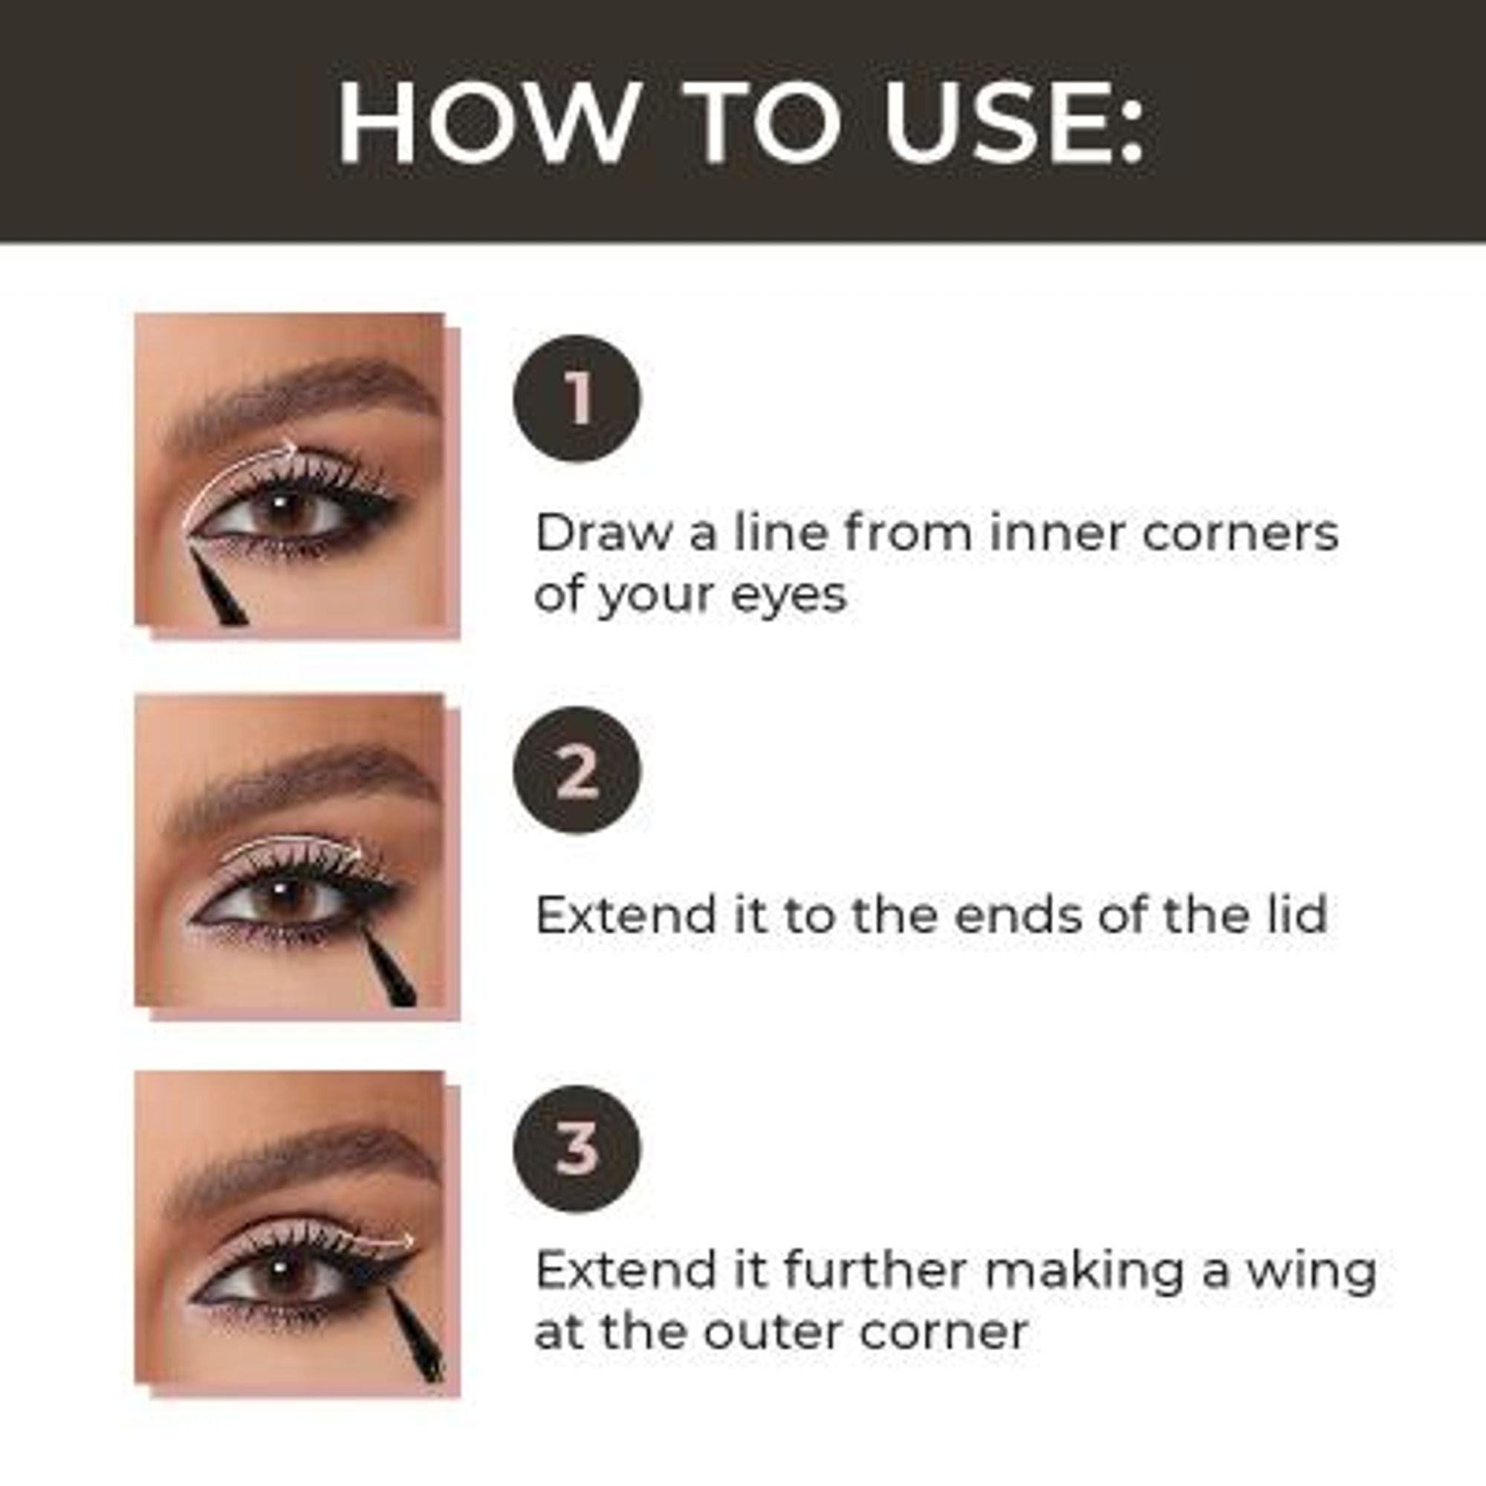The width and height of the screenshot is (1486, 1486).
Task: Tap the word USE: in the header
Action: pos(1013,123)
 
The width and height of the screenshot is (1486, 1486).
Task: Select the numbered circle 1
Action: pos(577,398)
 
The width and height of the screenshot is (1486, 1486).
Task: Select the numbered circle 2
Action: pos(577,770)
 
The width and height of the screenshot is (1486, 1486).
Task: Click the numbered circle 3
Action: pos(577,1149)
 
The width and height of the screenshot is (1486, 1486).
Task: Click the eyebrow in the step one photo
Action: pos(308,400)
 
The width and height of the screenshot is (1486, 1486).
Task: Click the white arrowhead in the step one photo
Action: pos(290,449)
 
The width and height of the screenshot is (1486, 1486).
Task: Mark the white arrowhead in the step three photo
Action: pos(406,1241)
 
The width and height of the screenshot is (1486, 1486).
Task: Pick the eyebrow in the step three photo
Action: pos(308,1162)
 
